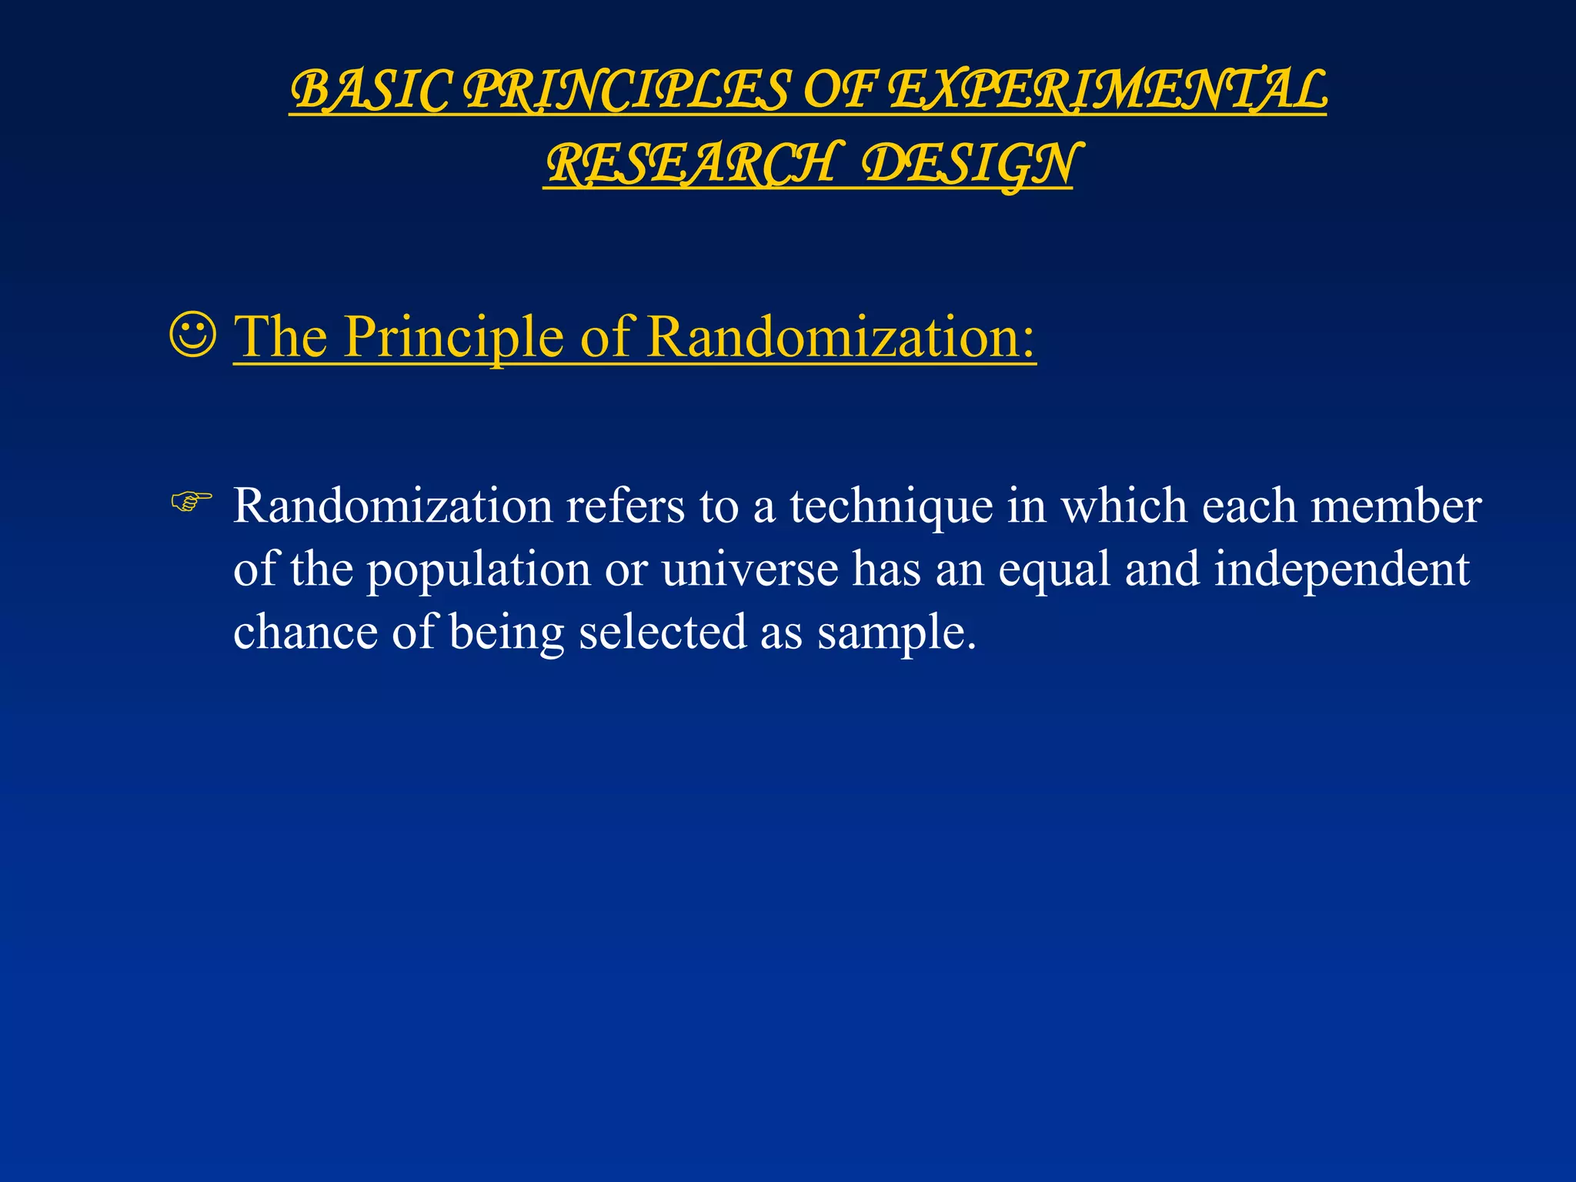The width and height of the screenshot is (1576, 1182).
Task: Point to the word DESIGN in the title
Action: click(969, 165)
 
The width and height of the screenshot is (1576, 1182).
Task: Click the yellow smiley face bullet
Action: click(192, 335)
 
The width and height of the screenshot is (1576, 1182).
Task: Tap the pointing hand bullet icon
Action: click(191, 503)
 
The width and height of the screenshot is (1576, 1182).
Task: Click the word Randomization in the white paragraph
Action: click(393, 506)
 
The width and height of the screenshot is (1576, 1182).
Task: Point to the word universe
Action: click(750, 569)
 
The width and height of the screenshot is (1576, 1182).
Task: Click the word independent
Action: click(1342, 569)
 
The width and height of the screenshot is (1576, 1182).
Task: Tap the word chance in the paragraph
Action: click(306, 633)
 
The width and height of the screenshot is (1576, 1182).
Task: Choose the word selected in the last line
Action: click(663, 633)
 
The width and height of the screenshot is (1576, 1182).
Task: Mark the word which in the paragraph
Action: click(1124, 506)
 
